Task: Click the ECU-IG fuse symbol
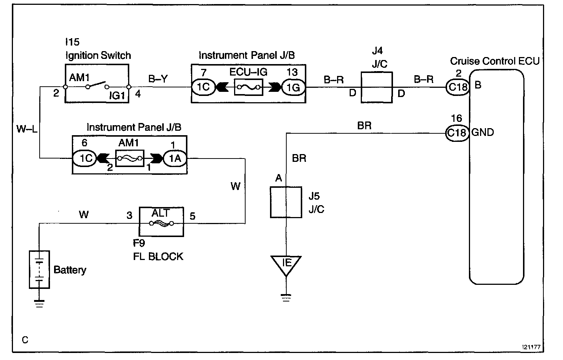tap(248, 87)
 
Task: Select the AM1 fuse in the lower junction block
tap(130, 159)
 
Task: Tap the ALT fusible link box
tap(161, 222)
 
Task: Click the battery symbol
tap(40, 270)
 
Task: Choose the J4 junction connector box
tap(376, 87)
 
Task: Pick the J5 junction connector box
tap(286, 202)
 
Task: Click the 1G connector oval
tap(293, 87)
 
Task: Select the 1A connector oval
tap(175, 159)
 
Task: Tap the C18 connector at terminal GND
tap(457, 133)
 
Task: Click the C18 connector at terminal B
tap(458, 87)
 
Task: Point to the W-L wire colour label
tap(27, 129)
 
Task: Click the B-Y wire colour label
tap(158, 79)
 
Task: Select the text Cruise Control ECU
tap(494, 61)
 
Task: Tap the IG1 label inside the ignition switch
tap(117, 96)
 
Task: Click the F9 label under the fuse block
tap(139, 243)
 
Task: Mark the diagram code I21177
tap(531, 347)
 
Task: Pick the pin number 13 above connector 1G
tap(292, 72)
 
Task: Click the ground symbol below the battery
tap(39, 304)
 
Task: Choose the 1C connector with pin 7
tap(203, 87)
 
